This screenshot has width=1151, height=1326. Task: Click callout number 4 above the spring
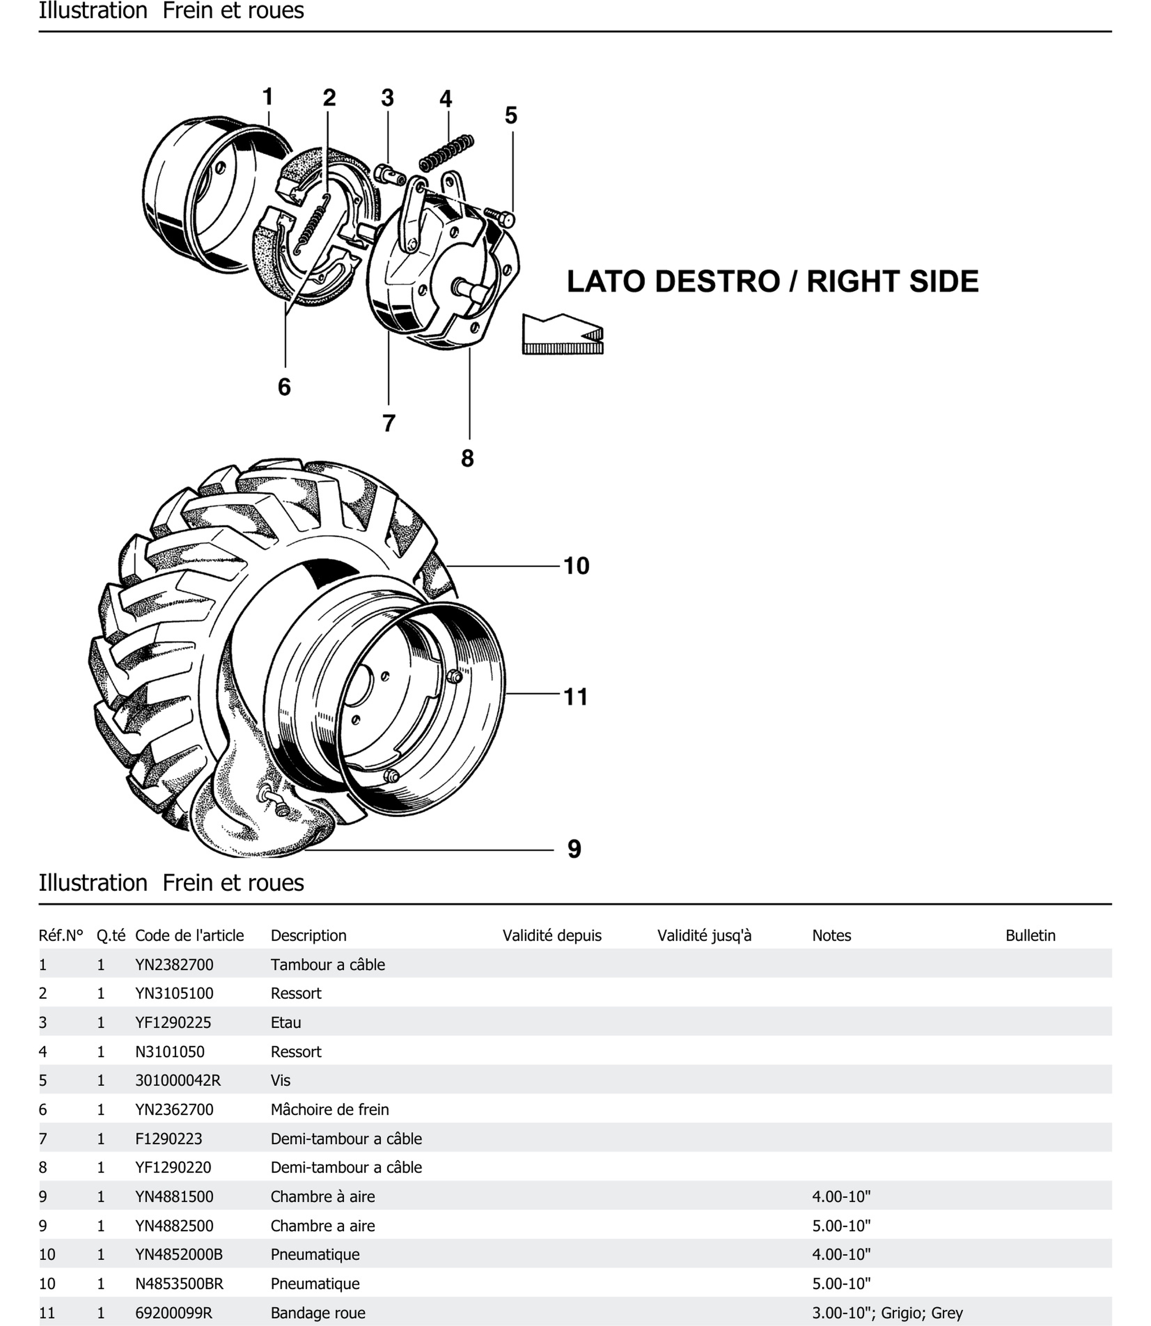pyautogui.click(x=446, y=99)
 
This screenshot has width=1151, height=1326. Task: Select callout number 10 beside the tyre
pyautogui.click(x=576, y=566)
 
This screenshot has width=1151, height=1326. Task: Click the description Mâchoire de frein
pyautogui.click(x=329, y=1109)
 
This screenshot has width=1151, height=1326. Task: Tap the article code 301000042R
pyautogui.click(x=178, y=1081)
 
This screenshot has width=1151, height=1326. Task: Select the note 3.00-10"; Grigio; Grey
pyautogui.click(x=887, y=1312)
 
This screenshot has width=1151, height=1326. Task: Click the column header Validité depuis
pyautogui.click(x=552, y=935)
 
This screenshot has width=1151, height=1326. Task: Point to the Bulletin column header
pyautogui.click(x=1030, y=935)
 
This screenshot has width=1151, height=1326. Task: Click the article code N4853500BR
pyautogui.click(x=179, y=1284)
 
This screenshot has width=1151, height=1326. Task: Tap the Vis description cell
pyautogui.click(x=281, y=1081)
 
